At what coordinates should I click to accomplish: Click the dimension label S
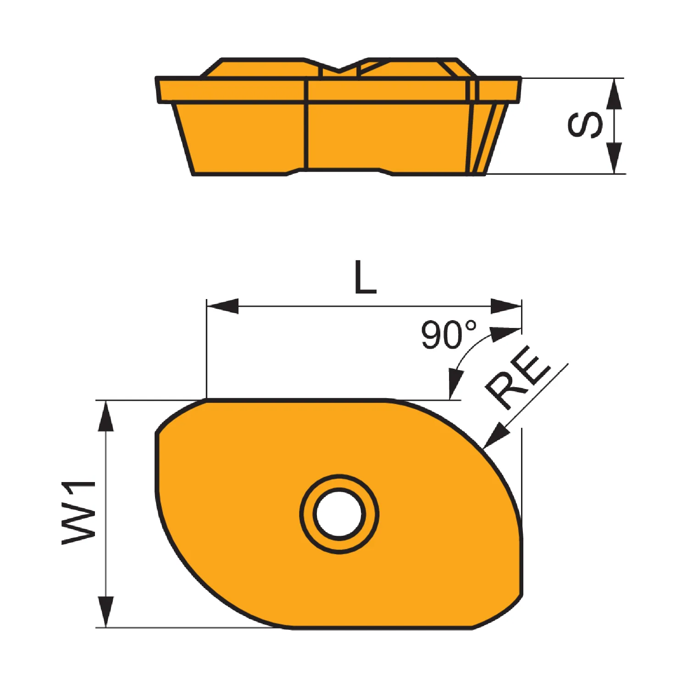(x=585, y=124)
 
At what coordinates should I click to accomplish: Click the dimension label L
(x=365, y=277)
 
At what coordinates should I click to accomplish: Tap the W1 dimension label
(x=79, y=513)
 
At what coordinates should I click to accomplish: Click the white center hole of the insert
(x=339, y=513)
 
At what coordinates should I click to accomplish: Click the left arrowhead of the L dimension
(x=222, y=306)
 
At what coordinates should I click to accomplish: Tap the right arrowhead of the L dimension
(x=506, y=306)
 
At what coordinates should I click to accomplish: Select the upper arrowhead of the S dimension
(x=614, y=94)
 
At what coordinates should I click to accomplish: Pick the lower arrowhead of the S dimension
(x=614, y=158)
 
